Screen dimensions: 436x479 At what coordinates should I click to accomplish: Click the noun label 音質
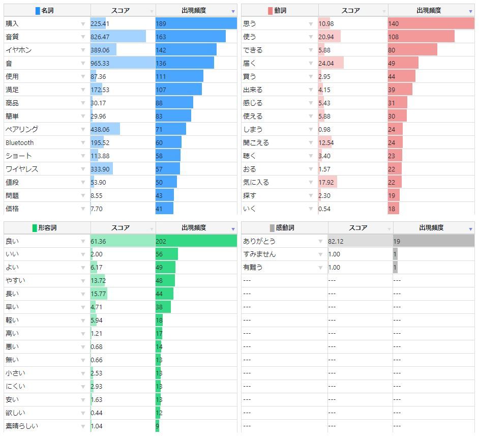point(12,37)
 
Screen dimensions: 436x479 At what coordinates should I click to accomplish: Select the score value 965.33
point(100,63)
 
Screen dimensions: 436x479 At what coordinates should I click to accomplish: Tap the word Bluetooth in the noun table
point(20,142)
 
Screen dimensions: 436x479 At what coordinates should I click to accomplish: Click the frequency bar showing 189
point(196,23)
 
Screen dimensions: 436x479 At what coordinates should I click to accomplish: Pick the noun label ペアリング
point(22,129)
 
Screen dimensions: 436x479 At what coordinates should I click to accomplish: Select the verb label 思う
point(250,23)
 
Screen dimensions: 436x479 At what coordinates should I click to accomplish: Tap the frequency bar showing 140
point(431,23)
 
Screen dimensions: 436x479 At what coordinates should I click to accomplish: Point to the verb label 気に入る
point(256,182)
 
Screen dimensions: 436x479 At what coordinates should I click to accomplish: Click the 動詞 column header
point(280,11)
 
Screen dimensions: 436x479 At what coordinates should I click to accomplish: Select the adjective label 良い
point(12,241)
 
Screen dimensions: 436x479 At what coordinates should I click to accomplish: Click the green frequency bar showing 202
point(196,241)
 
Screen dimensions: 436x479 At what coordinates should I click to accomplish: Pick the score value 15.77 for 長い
point(98,294)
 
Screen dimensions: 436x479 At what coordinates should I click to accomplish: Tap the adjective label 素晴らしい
point(22,426)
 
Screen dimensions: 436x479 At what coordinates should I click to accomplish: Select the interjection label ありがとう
point(259,241)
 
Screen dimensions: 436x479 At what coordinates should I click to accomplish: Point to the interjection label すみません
point(259,254)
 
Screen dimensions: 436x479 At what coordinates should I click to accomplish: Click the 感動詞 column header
point(285,228)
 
